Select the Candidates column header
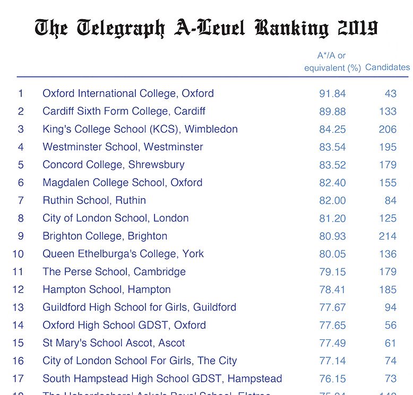388,67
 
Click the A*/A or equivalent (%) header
332,62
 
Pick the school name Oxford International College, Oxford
128,93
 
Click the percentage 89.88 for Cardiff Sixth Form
332,111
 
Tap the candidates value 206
388,129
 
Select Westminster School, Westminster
123,147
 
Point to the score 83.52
332,165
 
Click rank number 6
21,182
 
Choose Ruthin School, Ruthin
94,200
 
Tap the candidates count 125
388,218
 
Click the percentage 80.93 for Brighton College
332,236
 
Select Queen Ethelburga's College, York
123,254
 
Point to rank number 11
18,272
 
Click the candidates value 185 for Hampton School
388,289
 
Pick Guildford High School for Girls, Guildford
139,308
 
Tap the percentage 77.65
332,326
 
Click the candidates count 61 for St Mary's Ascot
390,343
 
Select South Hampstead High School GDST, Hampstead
162,379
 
